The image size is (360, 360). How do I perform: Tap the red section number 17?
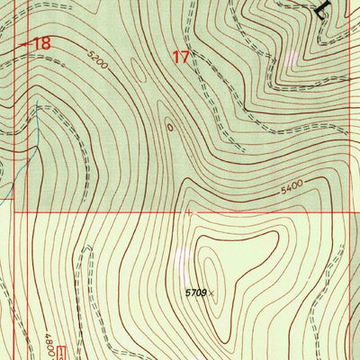(x=181, y=58)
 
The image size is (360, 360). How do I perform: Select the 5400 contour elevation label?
(x=290, y=187)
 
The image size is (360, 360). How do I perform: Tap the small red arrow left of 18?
(x=23, y=42)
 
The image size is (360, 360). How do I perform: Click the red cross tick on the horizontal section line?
(x=188, y=213)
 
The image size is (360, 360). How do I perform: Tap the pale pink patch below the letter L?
(x=290, y=57)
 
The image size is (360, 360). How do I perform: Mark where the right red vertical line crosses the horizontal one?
(x=349, y=213)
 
